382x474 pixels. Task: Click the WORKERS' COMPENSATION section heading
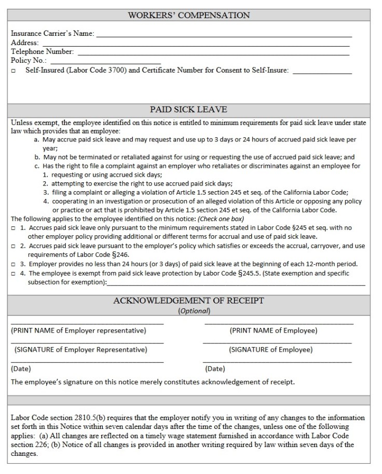pos(189,15)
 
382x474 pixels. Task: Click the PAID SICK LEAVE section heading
pos(188,110)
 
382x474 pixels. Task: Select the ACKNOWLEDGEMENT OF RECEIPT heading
pos(188,300)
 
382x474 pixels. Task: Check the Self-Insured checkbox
pos(13,71)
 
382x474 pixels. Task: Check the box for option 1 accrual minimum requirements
pos(13,228)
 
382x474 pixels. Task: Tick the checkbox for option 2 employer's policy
pos(13,246)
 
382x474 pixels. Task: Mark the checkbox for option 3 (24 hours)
pos(13,264)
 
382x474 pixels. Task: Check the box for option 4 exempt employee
pos(13,274)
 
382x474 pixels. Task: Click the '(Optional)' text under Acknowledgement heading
pos(194,311)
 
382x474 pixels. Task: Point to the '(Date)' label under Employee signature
pos(215,369)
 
